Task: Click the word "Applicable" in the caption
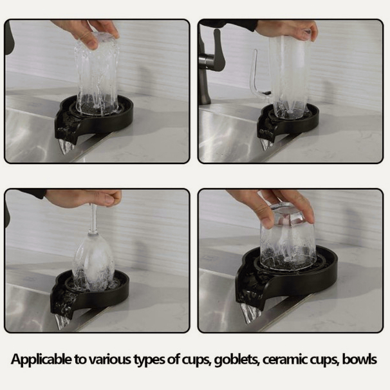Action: click(x=41, y=360)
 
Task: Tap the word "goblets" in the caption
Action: click(x=237, y=360)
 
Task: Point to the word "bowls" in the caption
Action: click(x=359, y=359)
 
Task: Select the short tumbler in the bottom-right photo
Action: click(x=287, y=239)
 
